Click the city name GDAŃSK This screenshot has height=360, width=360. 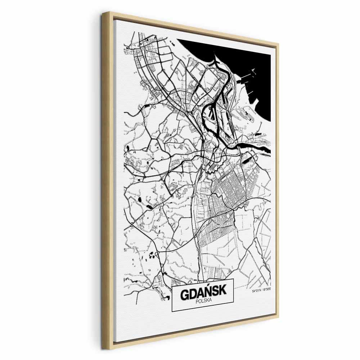click(203, 293)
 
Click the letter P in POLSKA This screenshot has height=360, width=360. click(198, 301)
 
